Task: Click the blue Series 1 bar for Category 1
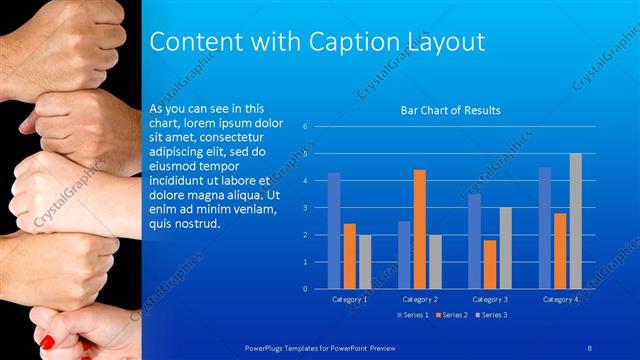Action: click(334, 231)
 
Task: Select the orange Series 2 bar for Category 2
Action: click(419, 229)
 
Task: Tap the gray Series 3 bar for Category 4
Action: click(575, 221)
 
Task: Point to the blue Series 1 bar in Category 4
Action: click(545, 228)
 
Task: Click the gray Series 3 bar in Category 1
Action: click(364, 262)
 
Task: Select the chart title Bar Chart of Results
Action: click(450, 110)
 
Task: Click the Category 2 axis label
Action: click(420, 299)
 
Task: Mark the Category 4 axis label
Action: click(560, 299)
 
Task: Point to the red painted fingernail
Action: click(47, 342)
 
